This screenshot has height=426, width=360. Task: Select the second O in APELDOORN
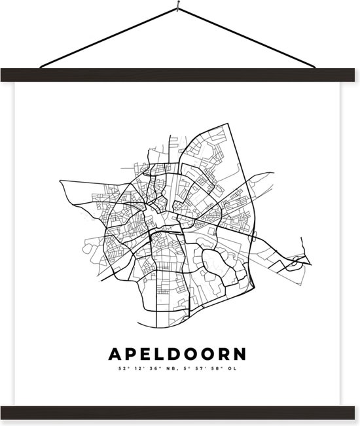click(208, 355)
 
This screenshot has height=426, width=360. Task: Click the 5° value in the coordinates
click(187, 368)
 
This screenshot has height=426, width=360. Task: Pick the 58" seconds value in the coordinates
click(219, 368)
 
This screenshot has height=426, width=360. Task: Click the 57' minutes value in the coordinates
click(202, 368)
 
